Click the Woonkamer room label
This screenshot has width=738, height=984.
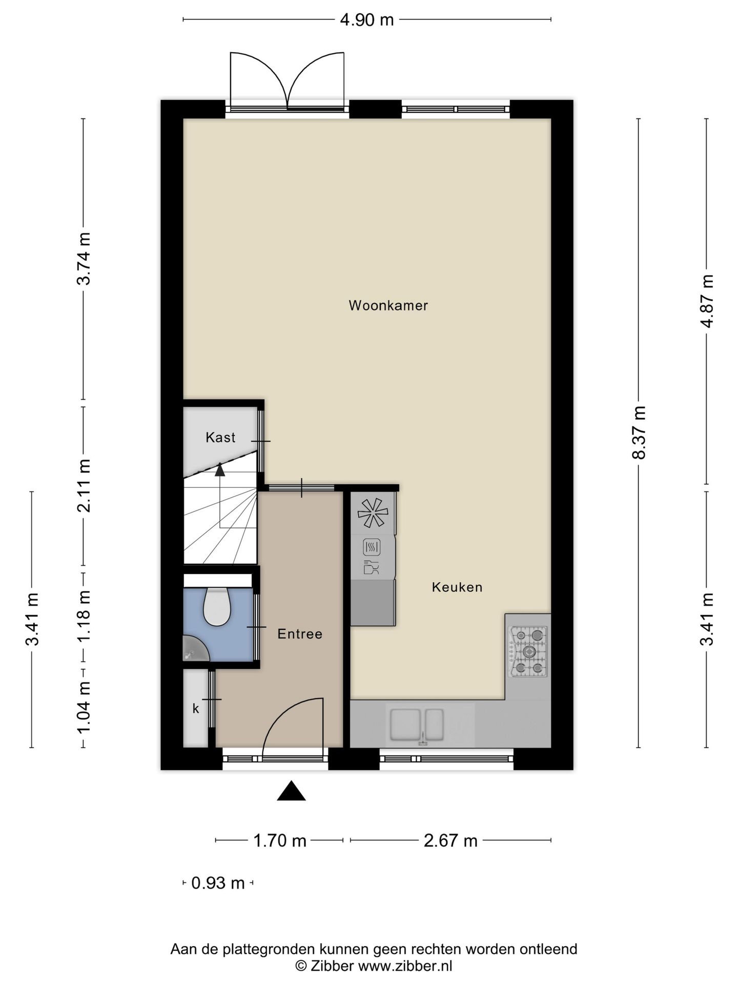click(388, 305)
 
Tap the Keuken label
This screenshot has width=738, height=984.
click(457, 587)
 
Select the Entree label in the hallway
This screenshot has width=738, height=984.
click(300, 634)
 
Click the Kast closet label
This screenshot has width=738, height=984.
click(220, 437)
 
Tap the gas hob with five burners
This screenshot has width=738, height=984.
click(528, 651)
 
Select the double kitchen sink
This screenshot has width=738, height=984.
click(417, 725)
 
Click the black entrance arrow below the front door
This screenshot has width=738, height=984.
click(291, 791)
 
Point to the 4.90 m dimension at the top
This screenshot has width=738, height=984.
click(366, 20)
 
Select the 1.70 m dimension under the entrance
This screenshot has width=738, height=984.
click(280, 841)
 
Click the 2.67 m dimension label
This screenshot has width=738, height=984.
click(450, 841)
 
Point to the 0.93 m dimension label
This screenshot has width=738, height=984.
click(218, 883)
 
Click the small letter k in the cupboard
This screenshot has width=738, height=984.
click(195, 709)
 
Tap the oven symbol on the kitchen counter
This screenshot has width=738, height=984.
click(372, 547)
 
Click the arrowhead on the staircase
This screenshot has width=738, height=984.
click(220, 468)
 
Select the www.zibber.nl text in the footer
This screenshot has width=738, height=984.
click(405, 966)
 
